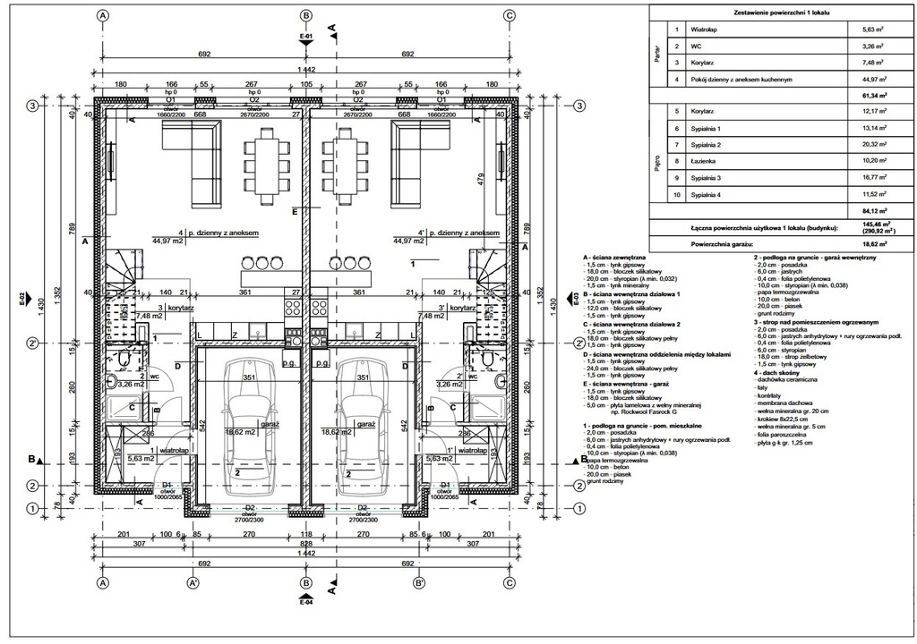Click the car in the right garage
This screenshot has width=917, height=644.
point(364,426)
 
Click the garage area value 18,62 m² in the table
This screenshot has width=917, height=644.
point(861,242)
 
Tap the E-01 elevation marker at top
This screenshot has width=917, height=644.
point(305,38)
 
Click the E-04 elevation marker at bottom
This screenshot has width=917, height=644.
point(305,597)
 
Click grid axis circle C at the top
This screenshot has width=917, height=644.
point(509,15)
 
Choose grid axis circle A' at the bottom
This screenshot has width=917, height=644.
point(192,582)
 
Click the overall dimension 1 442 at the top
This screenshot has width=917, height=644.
point(305,69)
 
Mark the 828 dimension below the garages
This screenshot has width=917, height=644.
point(305,543)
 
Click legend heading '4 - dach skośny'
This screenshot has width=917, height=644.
point(776,373)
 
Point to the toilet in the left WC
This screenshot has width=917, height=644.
point(120,357)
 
